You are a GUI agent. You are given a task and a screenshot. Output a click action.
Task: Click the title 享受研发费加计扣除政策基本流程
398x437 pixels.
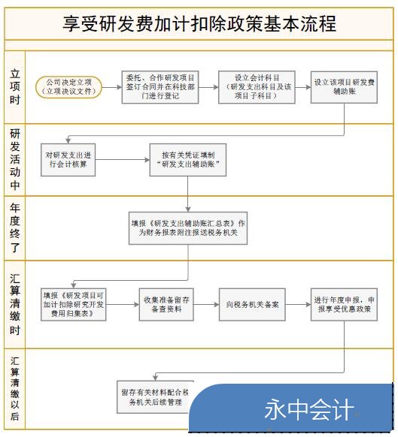[x=199, y=23]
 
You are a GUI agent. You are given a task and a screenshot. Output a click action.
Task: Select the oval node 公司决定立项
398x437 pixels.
[x=68, y=87]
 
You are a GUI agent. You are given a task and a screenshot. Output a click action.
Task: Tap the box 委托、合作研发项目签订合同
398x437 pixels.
[x=160, y=87]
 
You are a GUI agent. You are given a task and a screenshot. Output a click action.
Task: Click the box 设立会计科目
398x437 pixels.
[x=257, y=87]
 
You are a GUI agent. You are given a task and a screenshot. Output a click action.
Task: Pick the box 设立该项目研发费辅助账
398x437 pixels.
[x=344, y=87]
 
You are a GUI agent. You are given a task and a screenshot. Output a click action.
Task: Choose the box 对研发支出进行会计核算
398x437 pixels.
[x=68, y=160]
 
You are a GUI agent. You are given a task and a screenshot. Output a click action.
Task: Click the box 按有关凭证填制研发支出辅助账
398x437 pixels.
[x=188, y=160]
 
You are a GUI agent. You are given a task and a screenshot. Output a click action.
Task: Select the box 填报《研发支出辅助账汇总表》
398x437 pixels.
[x=188, y=228]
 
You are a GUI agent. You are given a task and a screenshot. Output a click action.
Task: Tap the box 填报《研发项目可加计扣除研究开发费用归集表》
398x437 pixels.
[x=74, y=305]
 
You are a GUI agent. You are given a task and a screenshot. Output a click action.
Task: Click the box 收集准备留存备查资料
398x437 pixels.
[x=166, y=305]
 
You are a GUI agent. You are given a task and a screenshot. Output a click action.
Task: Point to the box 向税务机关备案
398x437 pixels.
[x=252, y=305]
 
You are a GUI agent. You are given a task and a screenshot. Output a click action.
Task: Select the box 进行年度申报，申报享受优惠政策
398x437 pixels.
[x=344, y=305]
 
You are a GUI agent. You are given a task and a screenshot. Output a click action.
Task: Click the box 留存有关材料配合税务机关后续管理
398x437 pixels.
[x=155, y=397]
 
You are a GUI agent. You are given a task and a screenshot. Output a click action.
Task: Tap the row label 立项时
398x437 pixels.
[x=15, y=87]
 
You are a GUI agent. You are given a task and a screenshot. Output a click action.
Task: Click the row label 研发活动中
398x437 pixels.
[x=15, y=159]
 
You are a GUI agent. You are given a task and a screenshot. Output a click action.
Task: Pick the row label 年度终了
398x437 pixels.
[x=15, y=228]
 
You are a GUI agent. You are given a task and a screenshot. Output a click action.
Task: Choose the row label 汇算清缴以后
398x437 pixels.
[x=15, y=388]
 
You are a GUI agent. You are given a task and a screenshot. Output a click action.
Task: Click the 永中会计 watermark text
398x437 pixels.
[x=309, y=409]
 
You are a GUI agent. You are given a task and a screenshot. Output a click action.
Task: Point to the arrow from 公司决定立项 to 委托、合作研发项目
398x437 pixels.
[x=111, y=87]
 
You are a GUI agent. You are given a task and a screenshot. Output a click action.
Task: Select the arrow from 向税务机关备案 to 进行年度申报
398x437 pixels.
[x=298, y=305]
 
